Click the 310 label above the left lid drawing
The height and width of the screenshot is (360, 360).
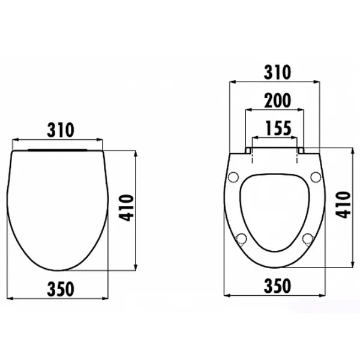(61, 130)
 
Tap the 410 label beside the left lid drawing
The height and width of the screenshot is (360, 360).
(126, 208)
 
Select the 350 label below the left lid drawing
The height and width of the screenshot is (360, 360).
(61, 289)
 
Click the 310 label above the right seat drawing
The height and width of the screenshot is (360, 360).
(277, 73)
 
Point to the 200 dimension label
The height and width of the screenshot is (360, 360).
(278, 101)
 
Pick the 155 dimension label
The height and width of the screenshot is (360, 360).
(278, 128)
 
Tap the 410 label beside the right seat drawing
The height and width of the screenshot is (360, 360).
(343, 205)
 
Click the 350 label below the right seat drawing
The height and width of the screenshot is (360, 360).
(277, 286)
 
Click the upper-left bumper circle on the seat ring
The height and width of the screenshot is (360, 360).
(233, 177)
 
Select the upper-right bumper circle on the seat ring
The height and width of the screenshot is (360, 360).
(316, 177)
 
